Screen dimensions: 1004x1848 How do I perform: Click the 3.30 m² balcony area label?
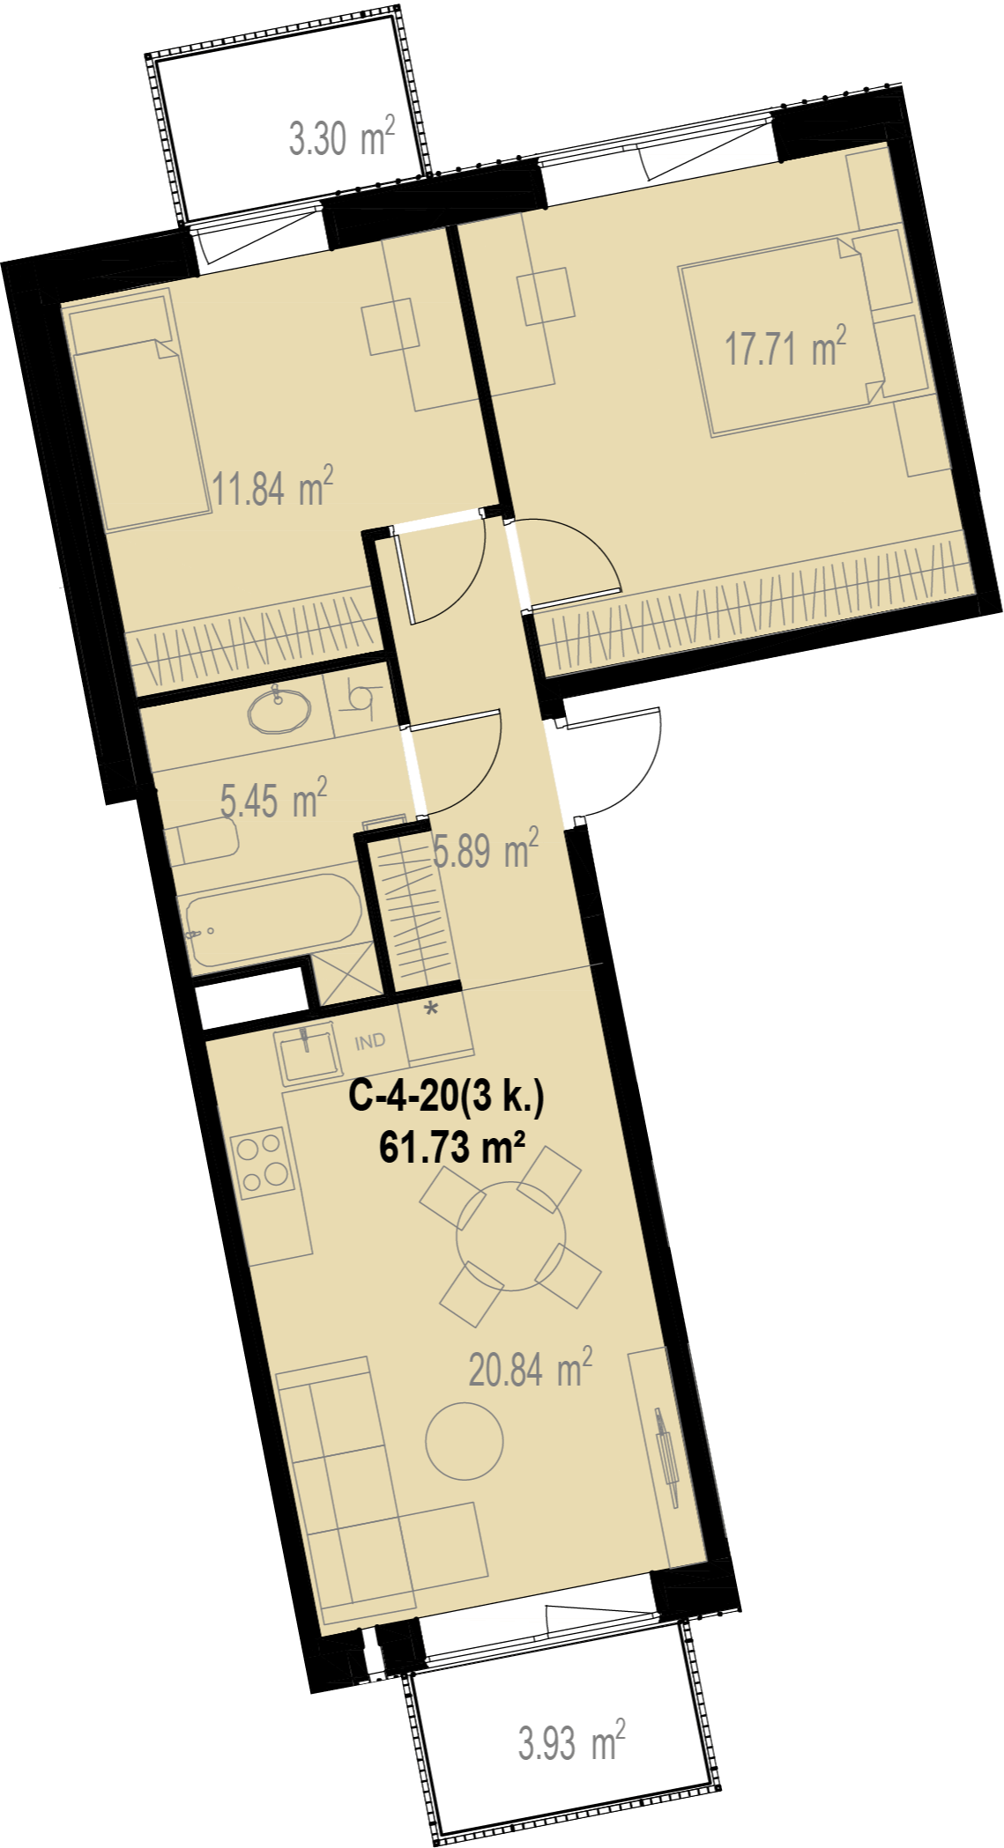(x=342, y=137)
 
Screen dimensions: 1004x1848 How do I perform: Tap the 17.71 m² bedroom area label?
(x=785, y=346)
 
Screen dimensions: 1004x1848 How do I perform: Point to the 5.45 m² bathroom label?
(x=273, y=799)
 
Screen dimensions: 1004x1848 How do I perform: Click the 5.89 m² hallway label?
(x=486, y=850)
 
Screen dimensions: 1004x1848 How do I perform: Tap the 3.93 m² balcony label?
(x=571, y=1742)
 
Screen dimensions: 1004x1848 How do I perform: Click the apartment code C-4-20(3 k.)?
(x=447, y=1098)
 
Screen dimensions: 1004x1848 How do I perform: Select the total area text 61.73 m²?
(x=452, y=1148)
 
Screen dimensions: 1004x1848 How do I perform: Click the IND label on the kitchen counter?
(x=370, y=1042)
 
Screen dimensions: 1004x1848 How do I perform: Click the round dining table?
(x=511, y=1236)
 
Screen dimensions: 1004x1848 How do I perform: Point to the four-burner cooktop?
(x=262, y=1162)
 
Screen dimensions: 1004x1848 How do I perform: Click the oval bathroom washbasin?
(x=279, y=710)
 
